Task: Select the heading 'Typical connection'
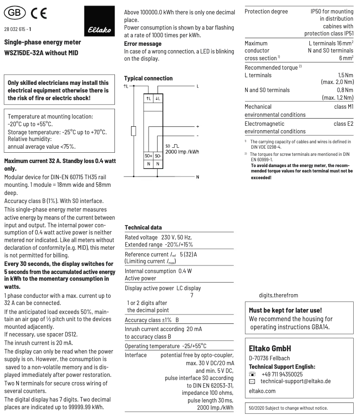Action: click(148, 78)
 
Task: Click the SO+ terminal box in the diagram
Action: click(148, 156)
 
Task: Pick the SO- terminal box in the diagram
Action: click(158, 156)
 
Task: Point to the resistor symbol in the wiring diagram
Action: click(133, 131)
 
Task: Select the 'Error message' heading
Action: click(142, 44)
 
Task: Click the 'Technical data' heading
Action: click(143, 227)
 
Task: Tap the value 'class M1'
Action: click(343, 107)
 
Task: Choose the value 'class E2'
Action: click(343, 123)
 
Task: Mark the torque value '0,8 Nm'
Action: click(345, 90)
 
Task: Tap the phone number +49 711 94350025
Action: click(281, 374)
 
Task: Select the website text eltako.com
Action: click(262, 391)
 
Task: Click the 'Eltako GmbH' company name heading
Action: click(270, 348)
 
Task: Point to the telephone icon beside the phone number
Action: click(252, 374)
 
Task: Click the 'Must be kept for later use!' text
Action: click(285, 310)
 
